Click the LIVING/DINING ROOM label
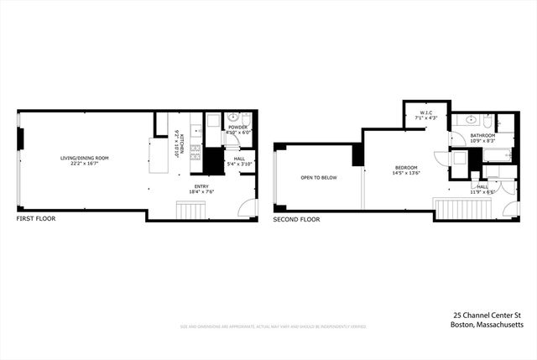click(x=84, y=158)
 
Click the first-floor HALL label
click(x=239, y=158)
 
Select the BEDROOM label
click(x=406, y=168)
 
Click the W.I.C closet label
click(x=427, y=116)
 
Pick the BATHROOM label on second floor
click(x=482, y=135)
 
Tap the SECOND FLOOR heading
click(x=296, y=218)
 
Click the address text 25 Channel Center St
click(x=487, y=315)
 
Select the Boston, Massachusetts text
click(x=487, y=324)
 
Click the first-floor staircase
click(x=191, y=208)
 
